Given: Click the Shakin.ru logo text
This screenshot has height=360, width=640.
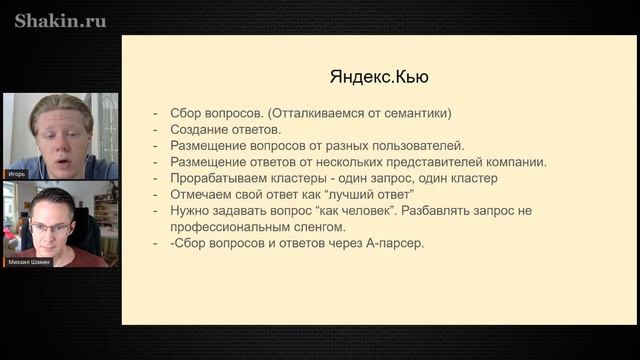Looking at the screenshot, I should [60, 20].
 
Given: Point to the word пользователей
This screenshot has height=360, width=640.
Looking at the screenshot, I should [418, 145].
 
